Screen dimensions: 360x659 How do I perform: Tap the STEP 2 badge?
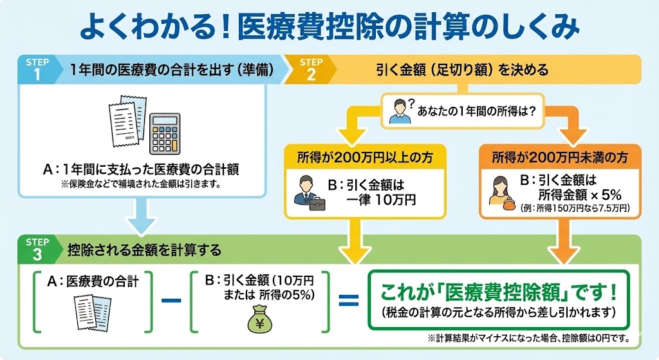[312, 69]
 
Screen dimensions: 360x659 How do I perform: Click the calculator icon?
[165, 134]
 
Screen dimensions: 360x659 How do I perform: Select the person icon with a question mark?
[398, 109]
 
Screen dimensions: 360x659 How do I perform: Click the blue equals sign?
[348, 299]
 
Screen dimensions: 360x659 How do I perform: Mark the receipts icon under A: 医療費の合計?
[89, 314]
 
